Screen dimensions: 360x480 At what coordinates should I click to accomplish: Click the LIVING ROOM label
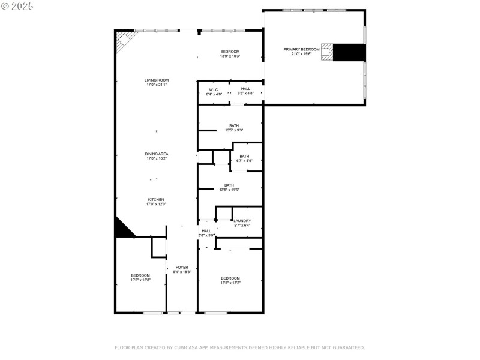pos(157,80)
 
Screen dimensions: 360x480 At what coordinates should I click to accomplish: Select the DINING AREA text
pos(157,154)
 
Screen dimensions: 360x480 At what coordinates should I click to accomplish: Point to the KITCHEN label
pos(157,199)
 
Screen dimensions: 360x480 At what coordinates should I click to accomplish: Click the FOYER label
pos(182,267)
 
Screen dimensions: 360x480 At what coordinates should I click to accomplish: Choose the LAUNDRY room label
pos(242,221)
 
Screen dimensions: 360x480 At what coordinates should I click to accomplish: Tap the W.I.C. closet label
pos(214,89)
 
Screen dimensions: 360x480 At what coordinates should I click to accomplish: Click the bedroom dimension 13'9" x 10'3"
pos(230,56)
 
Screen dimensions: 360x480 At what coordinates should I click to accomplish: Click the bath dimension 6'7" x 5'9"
pos(244,161)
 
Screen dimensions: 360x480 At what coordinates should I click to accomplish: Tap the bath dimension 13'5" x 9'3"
pos(234,130)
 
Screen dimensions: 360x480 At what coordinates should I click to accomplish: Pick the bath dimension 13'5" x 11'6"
pos(230,190)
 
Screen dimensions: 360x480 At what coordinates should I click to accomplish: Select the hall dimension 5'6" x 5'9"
pos(206,235)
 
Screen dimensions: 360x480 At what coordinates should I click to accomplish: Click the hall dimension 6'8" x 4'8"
pos(246,93)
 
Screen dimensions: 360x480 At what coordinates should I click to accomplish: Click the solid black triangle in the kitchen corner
pos(122,229)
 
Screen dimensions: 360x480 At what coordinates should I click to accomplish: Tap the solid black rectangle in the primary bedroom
pos(349,52)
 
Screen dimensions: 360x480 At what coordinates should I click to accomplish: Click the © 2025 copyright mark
pos(17,5)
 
